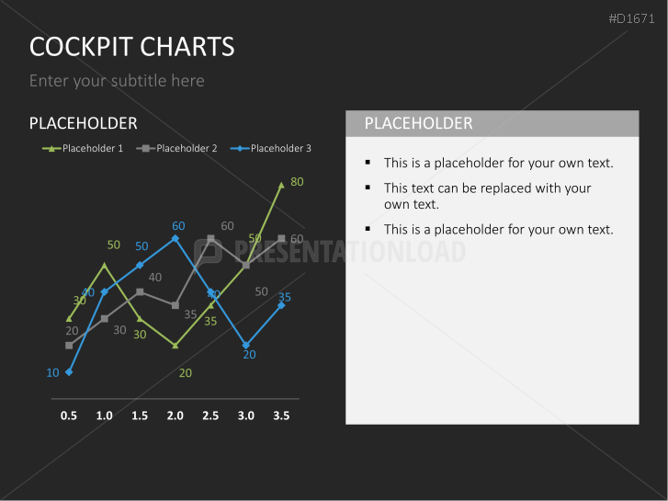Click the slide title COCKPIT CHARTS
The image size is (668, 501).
(131, 46)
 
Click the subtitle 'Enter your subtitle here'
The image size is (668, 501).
(117, 81)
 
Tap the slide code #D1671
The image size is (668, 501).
(633, 18)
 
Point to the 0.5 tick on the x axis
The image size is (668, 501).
(69, 416)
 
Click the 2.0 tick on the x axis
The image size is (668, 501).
(175, 416)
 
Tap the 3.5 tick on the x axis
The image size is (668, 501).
(281, 416)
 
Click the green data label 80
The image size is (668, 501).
(297, 182)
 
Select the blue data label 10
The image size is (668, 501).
(52, 372)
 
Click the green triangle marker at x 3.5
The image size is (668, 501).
(282, 185)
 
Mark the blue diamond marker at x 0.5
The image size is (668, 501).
(69, 371)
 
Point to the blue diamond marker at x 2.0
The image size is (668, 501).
(175, 238)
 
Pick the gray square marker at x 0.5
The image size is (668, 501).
(69, 346)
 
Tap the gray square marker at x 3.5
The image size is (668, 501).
(282, 239)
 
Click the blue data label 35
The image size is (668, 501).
(285, 297)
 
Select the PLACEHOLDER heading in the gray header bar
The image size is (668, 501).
(418, 123)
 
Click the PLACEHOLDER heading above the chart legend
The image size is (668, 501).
(83, 123)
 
